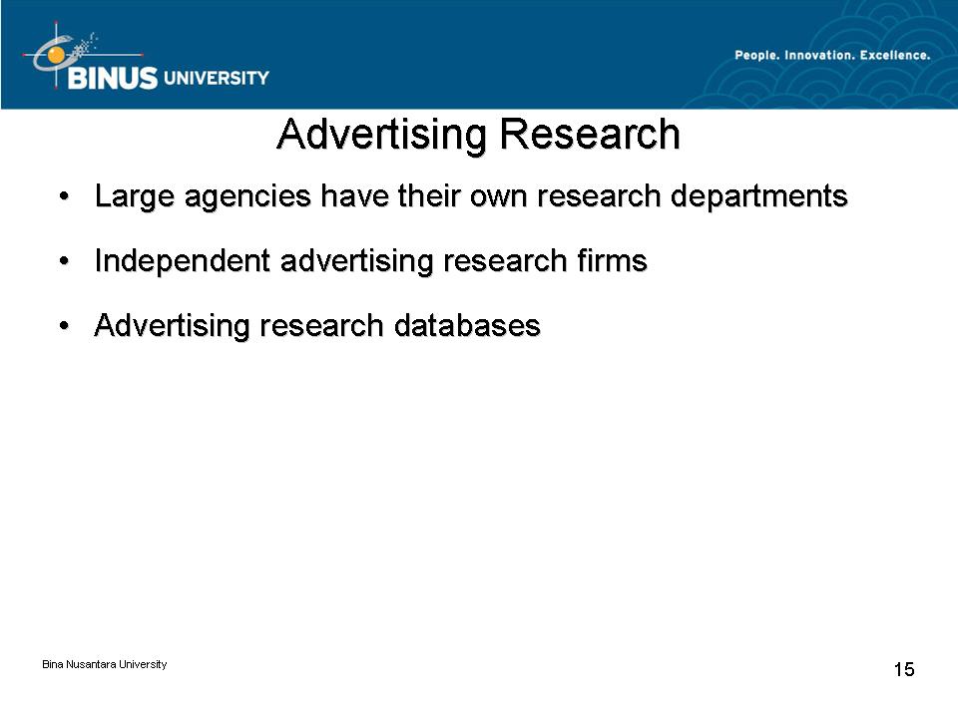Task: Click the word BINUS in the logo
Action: coord(113,78)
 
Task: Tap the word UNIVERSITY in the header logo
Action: coord(217,78)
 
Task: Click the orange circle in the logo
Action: coord(56,55)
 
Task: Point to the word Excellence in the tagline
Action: coord(895,56)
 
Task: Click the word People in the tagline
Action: coord(756,56)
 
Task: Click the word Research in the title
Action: coord(590,134)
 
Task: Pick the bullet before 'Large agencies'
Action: coord(64,196)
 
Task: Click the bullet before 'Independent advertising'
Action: coord(64,261)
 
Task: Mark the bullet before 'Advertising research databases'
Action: coord(64,326)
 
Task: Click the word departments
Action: coord(758,196)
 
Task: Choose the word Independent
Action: coord(182,261)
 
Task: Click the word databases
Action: coord(467,325)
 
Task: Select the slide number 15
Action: coord(904,669)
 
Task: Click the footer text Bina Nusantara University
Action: coord(105,664)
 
